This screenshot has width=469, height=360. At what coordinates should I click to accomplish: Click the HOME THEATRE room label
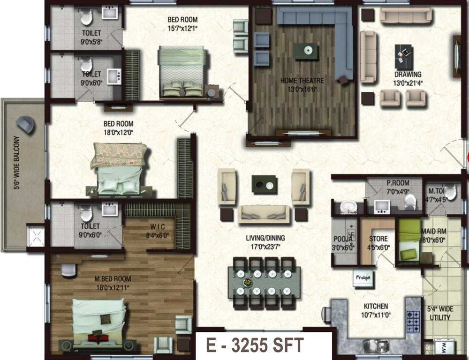tap(302, 81)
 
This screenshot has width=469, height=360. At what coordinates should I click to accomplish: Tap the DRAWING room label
tap(408, 74)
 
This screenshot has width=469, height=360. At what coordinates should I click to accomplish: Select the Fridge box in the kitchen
tap(363, 278)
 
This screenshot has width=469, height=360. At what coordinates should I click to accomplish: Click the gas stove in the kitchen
tap(413, 322)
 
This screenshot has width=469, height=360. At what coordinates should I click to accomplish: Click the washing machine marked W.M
tap(444, 348)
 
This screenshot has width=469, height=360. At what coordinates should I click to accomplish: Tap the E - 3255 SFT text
tap(255, 345)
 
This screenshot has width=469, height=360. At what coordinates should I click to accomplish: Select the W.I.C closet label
tap(158, 227)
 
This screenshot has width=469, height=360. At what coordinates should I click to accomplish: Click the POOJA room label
tap(343, 239)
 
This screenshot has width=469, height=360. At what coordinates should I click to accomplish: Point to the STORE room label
tap(378, 239)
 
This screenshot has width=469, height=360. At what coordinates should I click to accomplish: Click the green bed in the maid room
tap(409, 240)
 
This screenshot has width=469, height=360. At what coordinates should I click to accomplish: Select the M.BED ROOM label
tap(113, 278)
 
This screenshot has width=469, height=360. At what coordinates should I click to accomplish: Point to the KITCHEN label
tap(376, 306)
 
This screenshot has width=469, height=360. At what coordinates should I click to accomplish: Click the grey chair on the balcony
tap(26, 124)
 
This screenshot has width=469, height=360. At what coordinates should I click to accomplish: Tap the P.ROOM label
tap(398, 183)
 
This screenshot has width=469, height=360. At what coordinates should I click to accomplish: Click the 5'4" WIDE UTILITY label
tap(440, 313)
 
